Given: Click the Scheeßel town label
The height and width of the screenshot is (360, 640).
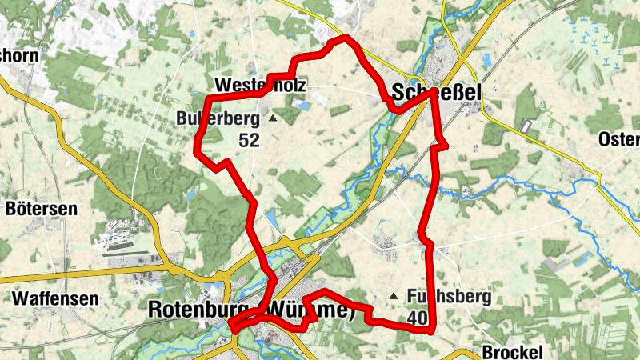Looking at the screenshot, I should pyautogui.click(x=437, y=94).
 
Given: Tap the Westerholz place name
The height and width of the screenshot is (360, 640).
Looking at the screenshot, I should pyautogui.click(x=260, y=85).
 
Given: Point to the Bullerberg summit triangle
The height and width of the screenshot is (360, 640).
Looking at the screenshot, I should pyautogui.click(x=272, y=118).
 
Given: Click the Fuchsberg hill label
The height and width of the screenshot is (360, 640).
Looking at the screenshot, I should pyautogui.click(x=449, y=297).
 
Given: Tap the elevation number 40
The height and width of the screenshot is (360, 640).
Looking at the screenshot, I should pyautogui.click(x=416, y=318).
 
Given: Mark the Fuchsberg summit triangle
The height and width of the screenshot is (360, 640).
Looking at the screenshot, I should pyautogui.click(x=393, y=297).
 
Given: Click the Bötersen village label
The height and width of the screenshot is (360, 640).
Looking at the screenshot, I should pyautogui.click(x=41, y=210).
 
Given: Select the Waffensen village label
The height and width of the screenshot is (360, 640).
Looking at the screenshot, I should pyautogui.click(x=55, y=299).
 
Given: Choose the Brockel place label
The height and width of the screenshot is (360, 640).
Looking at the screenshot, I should pyautogui.click(x=513, y=352).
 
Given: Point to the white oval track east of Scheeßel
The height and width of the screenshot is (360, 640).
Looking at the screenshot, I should pyautogui.click(x=526, y=126).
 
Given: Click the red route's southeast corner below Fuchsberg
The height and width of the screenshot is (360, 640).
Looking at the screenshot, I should pyautogui.click(x=431, y=329).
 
